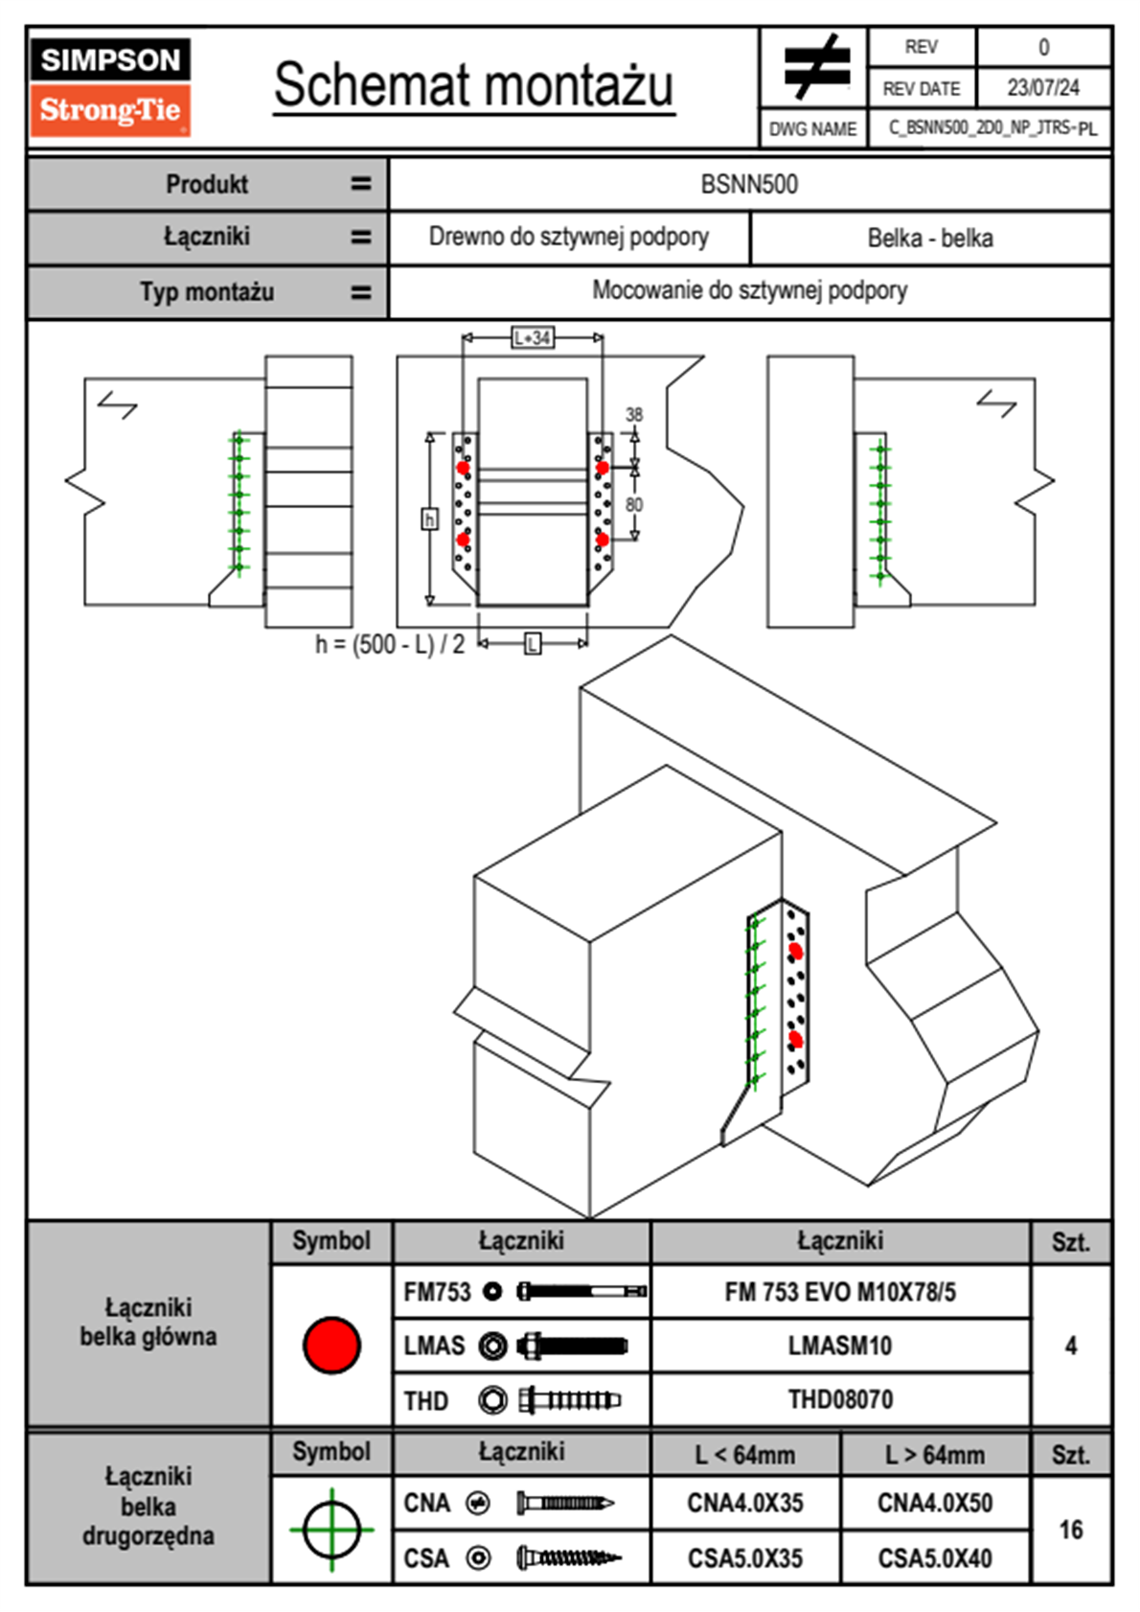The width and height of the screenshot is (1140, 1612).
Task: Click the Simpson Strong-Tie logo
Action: click(110, 86)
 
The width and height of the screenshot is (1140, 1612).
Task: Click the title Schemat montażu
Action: click(474, 85)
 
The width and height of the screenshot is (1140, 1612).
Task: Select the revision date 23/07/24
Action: click(1042, 87)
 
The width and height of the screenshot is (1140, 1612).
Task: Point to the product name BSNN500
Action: click(749, 184)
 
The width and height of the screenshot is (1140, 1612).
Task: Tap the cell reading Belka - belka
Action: click(930, 238)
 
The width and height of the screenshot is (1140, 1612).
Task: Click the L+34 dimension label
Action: click(533, 337)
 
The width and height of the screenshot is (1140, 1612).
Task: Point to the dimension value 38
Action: click(634, 414)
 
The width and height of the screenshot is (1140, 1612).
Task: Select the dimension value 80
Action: click(634, 504)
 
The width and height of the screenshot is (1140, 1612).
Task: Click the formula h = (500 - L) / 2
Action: click(390, 644)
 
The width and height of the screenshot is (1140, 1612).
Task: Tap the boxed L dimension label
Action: click(533, 643)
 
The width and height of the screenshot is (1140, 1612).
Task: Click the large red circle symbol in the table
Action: click(331, 1345)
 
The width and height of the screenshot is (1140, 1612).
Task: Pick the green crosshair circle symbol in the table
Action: click(331, 1530)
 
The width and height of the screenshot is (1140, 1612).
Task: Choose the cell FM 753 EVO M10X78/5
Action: click(840, 1292)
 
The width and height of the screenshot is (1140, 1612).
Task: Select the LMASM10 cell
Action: click(840, 1346)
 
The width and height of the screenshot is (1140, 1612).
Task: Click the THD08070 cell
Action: click(840, 1399)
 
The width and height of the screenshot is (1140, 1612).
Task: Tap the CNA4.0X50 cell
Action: click(935, 1503)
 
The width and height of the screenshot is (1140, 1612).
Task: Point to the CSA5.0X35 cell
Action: click(745, 1558)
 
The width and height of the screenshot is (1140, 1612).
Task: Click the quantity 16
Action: click(1071, 1530)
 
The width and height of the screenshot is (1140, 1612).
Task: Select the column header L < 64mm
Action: click(745, 1455)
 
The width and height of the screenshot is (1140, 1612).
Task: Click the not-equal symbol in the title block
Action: click(814, 68)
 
